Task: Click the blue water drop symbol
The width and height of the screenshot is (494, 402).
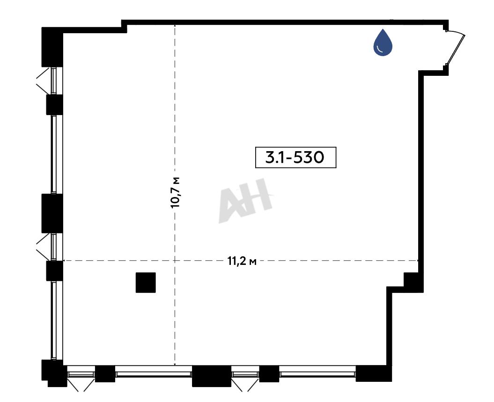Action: coord(383,43)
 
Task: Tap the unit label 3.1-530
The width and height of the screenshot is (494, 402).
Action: coord(295,157)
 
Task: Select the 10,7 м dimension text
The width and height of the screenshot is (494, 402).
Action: coord(175,192)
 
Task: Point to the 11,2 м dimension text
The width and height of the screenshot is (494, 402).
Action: coord(242,261)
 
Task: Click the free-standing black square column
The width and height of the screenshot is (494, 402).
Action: coord(146,282)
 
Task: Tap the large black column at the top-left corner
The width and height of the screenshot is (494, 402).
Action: coord(52,47)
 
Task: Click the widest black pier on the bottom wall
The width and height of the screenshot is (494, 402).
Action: coord(212,376)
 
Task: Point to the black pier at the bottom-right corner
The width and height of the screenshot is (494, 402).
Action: coord(374,373)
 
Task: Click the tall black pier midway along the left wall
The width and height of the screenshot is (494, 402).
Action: coord(52,213)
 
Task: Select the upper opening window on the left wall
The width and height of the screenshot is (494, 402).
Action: coord(53,80)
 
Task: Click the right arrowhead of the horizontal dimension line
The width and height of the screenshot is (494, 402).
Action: coord(417,261)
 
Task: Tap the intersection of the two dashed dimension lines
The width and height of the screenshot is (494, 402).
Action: coord(175,261)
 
